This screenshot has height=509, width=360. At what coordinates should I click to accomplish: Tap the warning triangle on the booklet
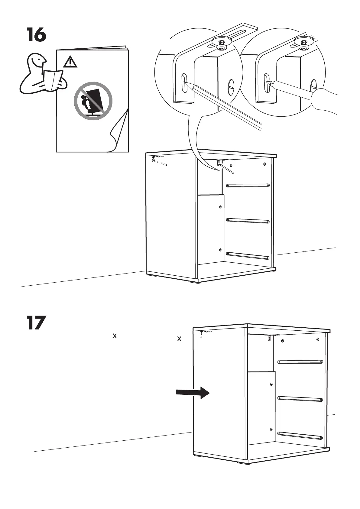(x=70, y=62)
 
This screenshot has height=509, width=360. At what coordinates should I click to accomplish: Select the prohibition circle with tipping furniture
(x=93, y=101)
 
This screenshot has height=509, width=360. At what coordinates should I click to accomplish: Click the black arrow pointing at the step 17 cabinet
(x=193, y=393)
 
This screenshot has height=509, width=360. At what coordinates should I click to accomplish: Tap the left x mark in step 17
(x=115, y=336)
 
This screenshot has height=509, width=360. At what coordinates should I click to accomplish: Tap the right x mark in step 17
(x=179, y=339)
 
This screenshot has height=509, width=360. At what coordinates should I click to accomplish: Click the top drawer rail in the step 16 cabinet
(x=248, y=185)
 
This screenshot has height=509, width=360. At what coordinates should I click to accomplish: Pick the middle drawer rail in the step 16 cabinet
(x=248, y=221)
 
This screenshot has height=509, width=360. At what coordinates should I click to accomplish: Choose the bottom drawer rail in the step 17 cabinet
(x=300, y=435)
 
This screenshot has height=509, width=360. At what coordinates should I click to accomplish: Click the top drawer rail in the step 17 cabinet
(x=300, y=361)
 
